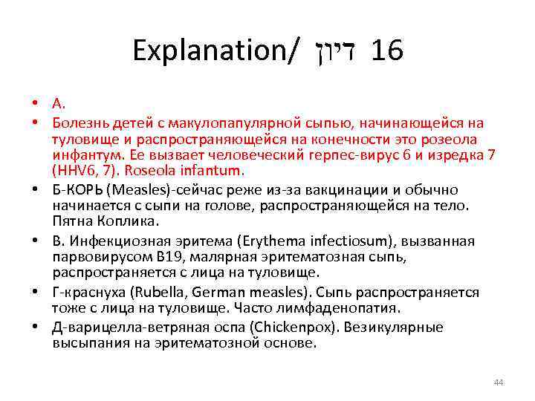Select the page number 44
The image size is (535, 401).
click(499, 382)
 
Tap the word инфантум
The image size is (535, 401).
click(81, 154)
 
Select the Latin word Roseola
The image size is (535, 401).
click(148, 171)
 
